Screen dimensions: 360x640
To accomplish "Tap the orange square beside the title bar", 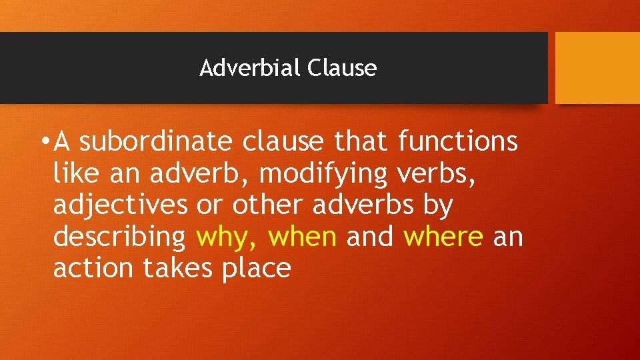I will tap(597, 68).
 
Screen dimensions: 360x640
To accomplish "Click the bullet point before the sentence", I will tap(44, 142).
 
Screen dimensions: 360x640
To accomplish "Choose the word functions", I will tap(459, 142).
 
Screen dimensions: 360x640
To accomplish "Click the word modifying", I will tap(323, 173).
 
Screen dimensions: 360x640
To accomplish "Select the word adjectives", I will tap(121, 205).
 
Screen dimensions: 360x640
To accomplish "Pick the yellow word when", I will tap(304, 237).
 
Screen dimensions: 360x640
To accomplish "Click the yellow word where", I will tap(443, 237).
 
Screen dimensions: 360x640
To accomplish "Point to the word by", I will tap(437, 205).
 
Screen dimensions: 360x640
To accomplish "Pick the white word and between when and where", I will tap(370, 237).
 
